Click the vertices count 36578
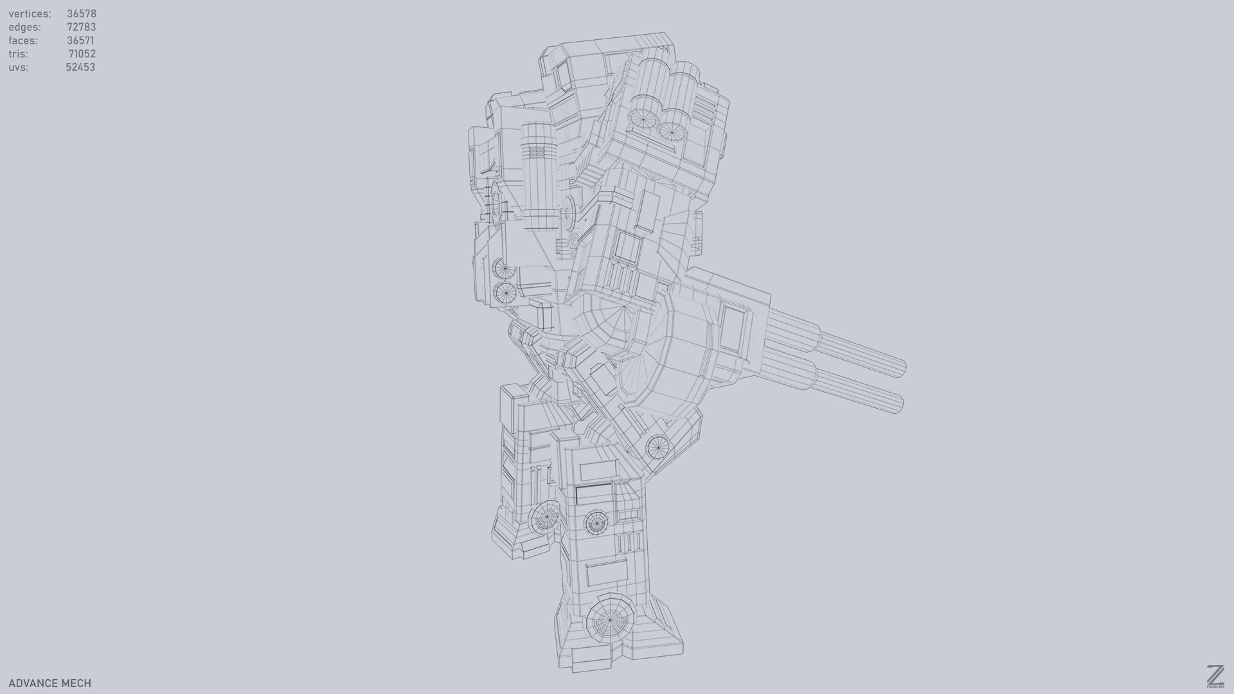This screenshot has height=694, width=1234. point(81,13)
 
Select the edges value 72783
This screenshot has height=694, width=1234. point(81,27)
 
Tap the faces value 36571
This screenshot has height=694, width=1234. point(80,40)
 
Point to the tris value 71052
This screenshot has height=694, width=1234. point(82,54)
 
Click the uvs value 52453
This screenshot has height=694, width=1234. point(80,67)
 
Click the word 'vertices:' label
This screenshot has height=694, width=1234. point(30,13)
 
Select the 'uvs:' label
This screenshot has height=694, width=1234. point(18,67)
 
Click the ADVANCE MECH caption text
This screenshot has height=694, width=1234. point(49,683)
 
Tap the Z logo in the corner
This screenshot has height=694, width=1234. point(1215,677)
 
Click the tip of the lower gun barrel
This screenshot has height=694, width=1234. point(899,404)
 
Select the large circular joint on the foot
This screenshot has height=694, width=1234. point(610,620)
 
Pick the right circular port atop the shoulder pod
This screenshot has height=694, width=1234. point(671,132)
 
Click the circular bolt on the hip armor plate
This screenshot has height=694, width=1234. point(657,447)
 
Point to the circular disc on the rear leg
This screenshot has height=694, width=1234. point(547,516)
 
